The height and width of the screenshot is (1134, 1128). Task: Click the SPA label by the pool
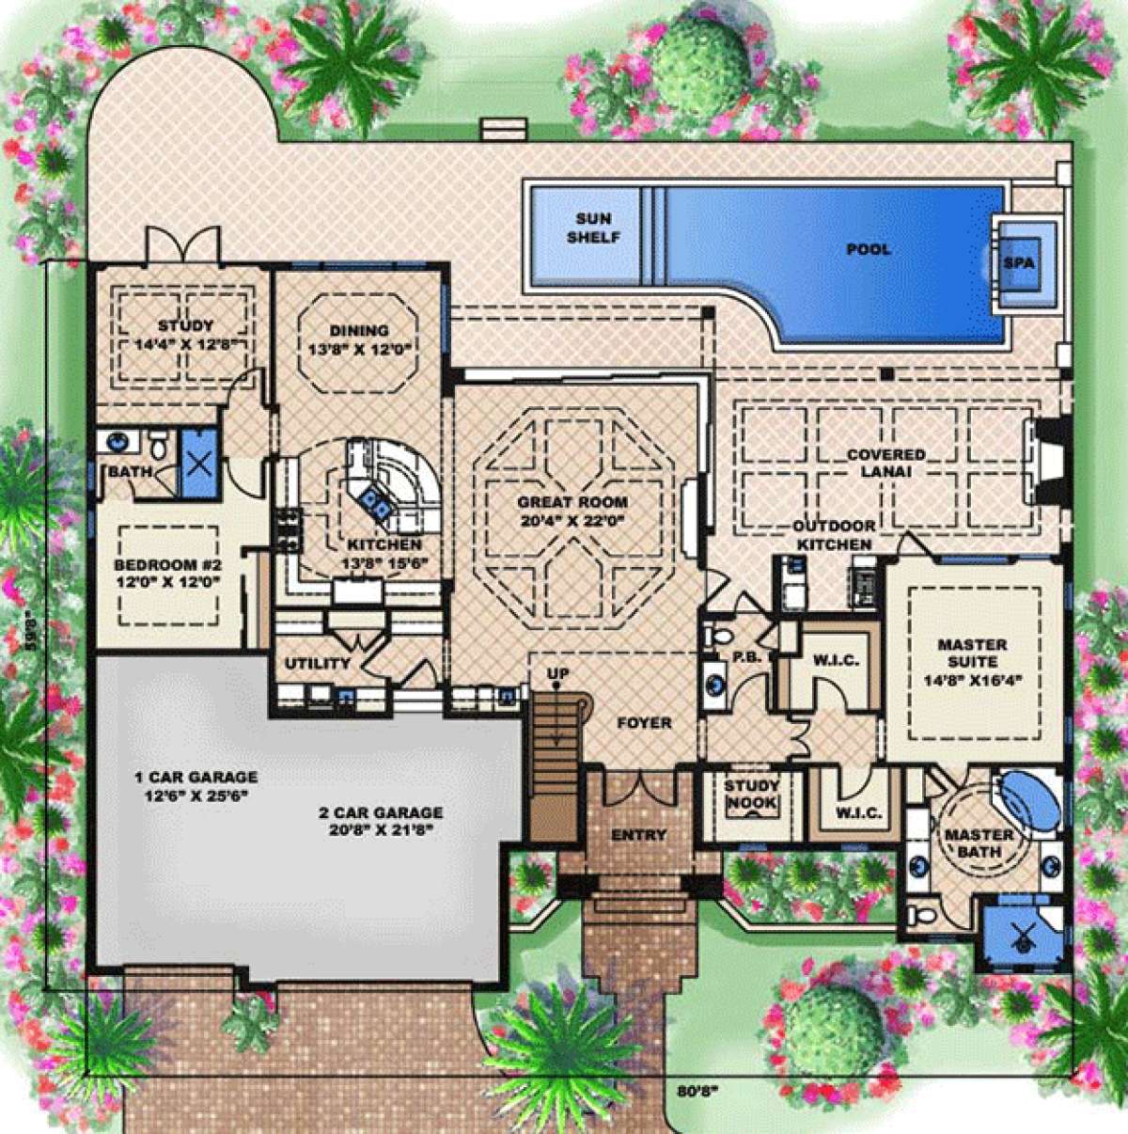click(x=1018, y=263)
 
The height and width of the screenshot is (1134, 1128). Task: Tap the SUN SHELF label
click(x=593, y=228)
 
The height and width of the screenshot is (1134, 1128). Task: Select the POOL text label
click(x=868, y=249)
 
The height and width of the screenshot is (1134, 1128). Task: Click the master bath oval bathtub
click(x=1024, y=799)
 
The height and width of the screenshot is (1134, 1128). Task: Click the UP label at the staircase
click(x=559, y=673)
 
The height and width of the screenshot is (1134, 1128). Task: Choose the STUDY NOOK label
click(x=751, y=795)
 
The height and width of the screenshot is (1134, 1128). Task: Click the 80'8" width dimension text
click(x=697, y=1092)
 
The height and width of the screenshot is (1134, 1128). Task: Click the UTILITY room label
click(x=318, y=663)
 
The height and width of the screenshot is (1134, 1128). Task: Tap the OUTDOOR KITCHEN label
click(x=834, y=535)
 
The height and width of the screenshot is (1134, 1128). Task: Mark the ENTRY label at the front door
click(x=638, y=835)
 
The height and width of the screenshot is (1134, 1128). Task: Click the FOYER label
click(x=644, y=723)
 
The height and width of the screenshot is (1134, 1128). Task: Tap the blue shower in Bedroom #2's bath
click(x=197, y=462)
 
